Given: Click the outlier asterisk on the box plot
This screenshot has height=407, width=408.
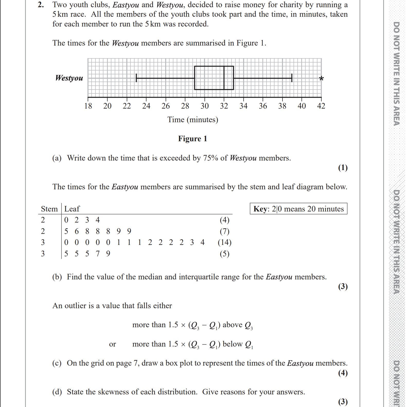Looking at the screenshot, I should [x=321, y=78].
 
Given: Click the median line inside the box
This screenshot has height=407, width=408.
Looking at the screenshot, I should [x=224, y=78].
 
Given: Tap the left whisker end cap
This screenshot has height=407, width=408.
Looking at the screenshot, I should [x=136, y=78].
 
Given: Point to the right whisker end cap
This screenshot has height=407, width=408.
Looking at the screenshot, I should [x=292, y=78].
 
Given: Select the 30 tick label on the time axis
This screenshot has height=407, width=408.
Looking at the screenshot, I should [x=205, y=106].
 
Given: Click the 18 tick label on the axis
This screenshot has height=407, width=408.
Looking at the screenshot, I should [x=88, y=106].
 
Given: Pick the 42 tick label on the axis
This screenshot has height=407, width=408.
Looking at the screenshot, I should [x=321, y=106].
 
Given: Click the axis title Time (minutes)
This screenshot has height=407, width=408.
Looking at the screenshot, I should [x=193, y=120].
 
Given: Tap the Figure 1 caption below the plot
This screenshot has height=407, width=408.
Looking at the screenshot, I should [x=192, y=139].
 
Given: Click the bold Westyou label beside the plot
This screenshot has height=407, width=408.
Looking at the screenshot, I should [x=69, y=78].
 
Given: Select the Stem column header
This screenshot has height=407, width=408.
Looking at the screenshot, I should [x=49, y=209].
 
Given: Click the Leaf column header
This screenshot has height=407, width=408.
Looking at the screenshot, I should [x=72, y=209].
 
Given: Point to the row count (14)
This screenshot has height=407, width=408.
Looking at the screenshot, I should [x=225, y=242].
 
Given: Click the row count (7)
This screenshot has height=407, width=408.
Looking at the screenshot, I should [x=225, y=231].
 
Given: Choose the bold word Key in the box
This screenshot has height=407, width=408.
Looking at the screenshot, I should [x=260, y=209].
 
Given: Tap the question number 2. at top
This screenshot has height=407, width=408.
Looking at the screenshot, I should [x=41, y=5].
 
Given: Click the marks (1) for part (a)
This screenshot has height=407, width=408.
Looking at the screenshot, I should [x=343, y=167].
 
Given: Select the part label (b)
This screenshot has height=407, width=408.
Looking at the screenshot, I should [x=57, y=277].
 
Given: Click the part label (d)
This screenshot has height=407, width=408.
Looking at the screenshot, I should [x=57, y=392].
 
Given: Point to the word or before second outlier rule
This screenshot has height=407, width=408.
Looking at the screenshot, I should [x=112, y=344].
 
